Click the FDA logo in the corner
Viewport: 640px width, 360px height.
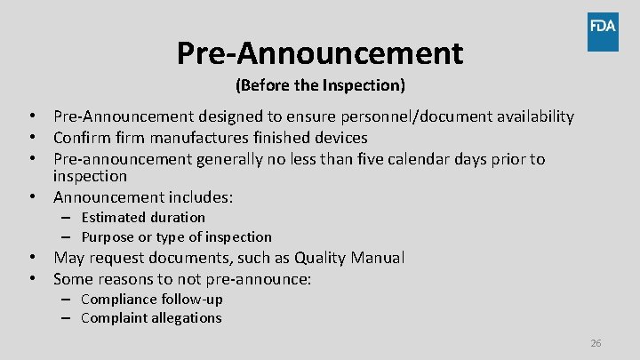point(602,32)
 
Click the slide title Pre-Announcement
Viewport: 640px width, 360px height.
point(320,53)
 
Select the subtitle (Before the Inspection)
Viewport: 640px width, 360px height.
point(320,86)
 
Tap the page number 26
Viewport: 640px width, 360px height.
point(596,343)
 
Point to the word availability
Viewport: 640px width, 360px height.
point(532,116)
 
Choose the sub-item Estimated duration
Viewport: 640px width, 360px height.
point(142,217)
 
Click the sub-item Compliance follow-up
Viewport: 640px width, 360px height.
point(151,299)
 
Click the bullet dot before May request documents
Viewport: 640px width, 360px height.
point(31,258)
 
